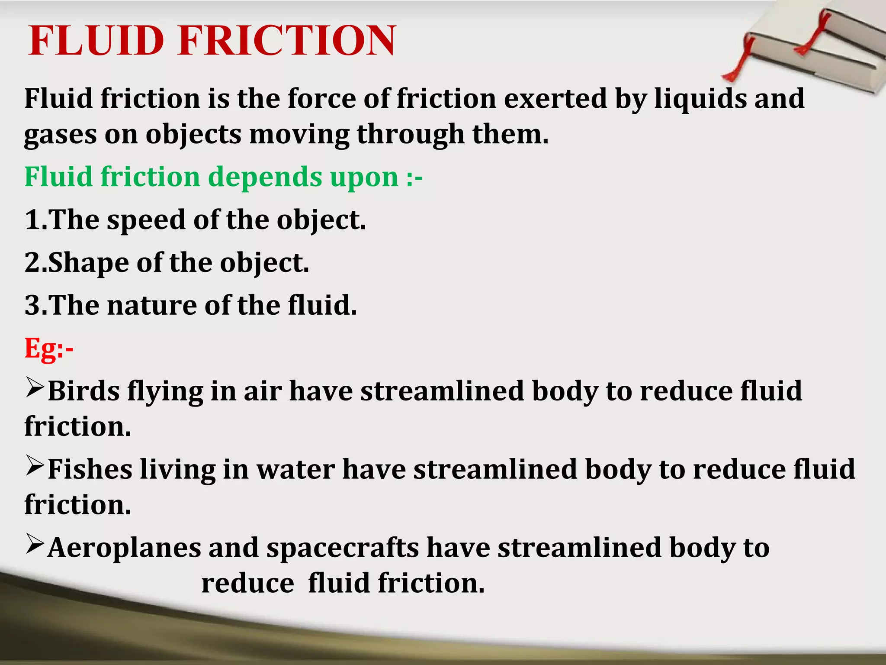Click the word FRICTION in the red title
coord(286,41)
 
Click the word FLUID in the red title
coord(96,41)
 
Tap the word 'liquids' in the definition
coord(700,99)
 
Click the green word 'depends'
coord(265,177)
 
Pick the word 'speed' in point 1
coord(146,220)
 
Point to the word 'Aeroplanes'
coord(124,548)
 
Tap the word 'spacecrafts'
coord(343,548)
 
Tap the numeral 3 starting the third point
coord(32,306)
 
